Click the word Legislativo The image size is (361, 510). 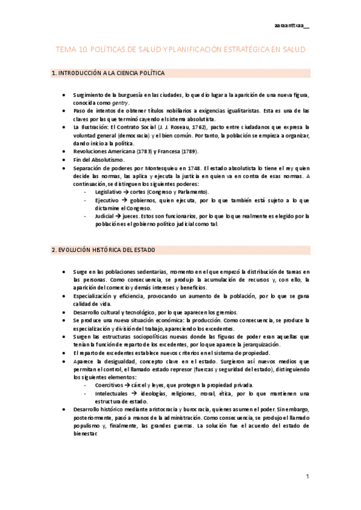pyautogui.click(x=109, y=191)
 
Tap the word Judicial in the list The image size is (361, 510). pyautogui.click(x=105, y=216)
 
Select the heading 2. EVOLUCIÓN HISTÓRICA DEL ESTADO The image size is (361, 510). pyautogui.click(x=104, y=250)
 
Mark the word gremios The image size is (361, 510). pyautogui.click(x=226, y=313)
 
